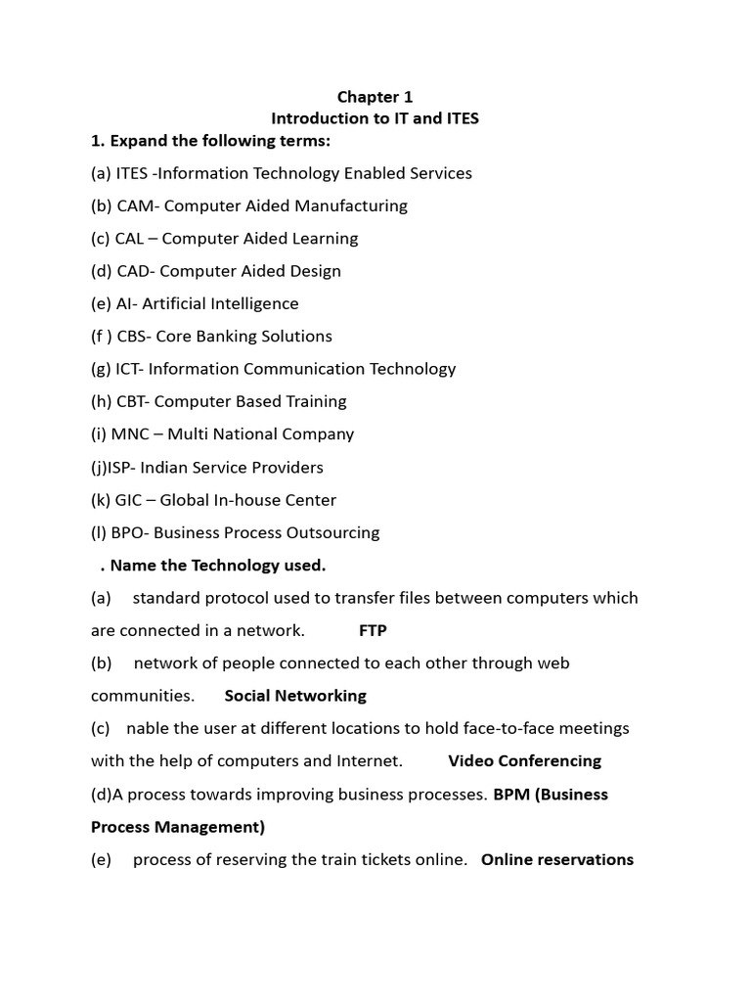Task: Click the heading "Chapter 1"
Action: coord(375,97)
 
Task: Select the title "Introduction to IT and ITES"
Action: coord(375,118)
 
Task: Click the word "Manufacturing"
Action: coord(350,205)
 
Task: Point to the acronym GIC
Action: coord(130,500)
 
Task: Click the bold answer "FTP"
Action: coord(373,630)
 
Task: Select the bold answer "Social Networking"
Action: coord(295,696)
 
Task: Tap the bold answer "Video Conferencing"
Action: coord(524,760)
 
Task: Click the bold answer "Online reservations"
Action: coord(557,859)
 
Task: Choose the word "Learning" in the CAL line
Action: coord(322,238)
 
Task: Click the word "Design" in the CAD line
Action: coord(312,271)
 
